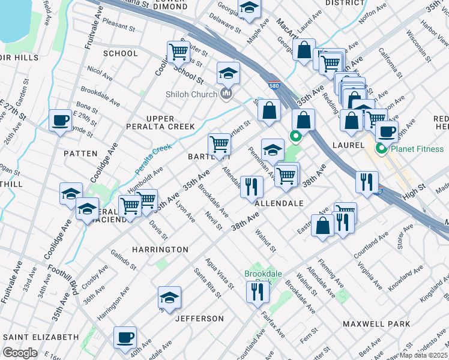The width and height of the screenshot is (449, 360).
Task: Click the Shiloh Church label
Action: (x=193, y=94)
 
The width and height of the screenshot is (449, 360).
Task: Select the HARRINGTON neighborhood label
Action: (x=160, y=249)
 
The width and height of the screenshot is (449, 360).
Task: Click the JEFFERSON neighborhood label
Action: (x=199, y=319)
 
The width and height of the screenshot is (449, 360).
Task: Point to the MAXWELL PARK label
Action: (x=376, y=324)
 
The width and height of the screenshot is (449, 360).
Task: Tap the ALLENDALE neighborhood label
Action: (x=279, y=204)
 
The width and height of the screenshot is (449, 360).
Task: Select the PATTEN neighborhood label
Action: (x=80, y=154)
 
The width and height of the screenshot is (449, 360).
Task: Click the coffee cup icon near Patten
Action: (x=60, y=120)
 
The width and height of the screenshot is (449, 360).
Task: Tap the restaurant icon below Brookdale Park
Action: (x=258, y=292)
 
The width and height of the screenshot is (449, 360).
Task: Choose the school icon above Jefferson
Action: (x=170, y=298)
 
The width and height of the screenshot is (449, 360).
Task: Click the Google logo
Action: (x=20, y=353)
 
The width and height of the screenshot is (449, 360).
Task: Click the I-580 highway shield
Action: (x=274, y=85)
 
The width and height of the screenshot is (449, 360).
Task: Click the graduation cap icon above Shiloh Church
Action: (x=228, y=73)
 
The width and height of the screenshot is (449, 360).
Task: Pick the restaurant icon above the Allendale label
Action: (x=252, y=186)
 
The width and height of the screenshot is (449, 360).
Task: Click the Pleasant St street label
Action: (x=119, y=26)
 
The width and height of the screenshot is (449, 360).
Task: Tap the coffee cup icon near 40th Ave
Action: (x=125, y=337)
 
